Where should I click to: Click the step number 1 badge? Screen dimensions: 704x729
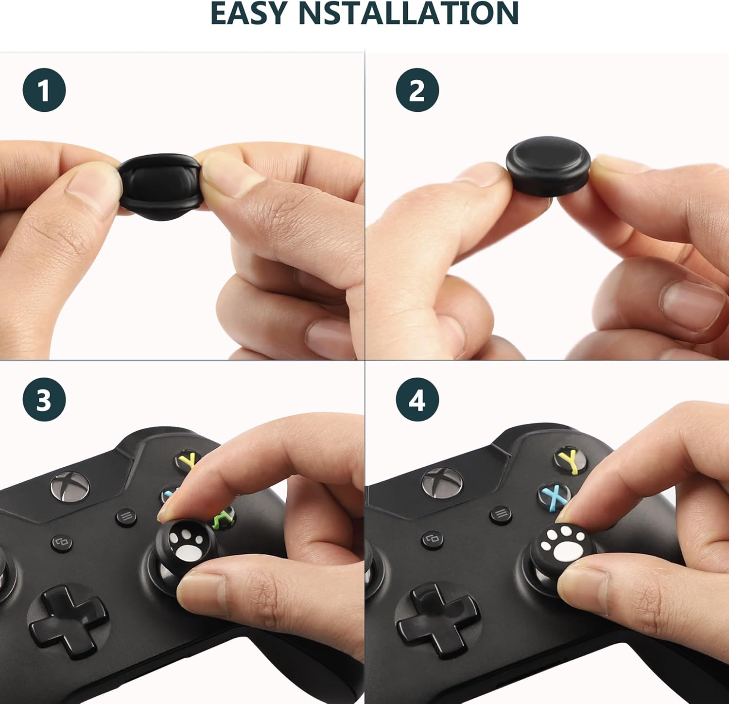click(44, 90)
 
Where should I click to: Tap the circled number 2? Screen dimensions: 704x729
click(417, 90)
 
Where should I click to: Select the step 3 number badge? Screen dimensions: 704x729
click(44, 400)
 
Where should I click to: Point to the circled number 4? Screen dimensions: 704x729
click(417, 400)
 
